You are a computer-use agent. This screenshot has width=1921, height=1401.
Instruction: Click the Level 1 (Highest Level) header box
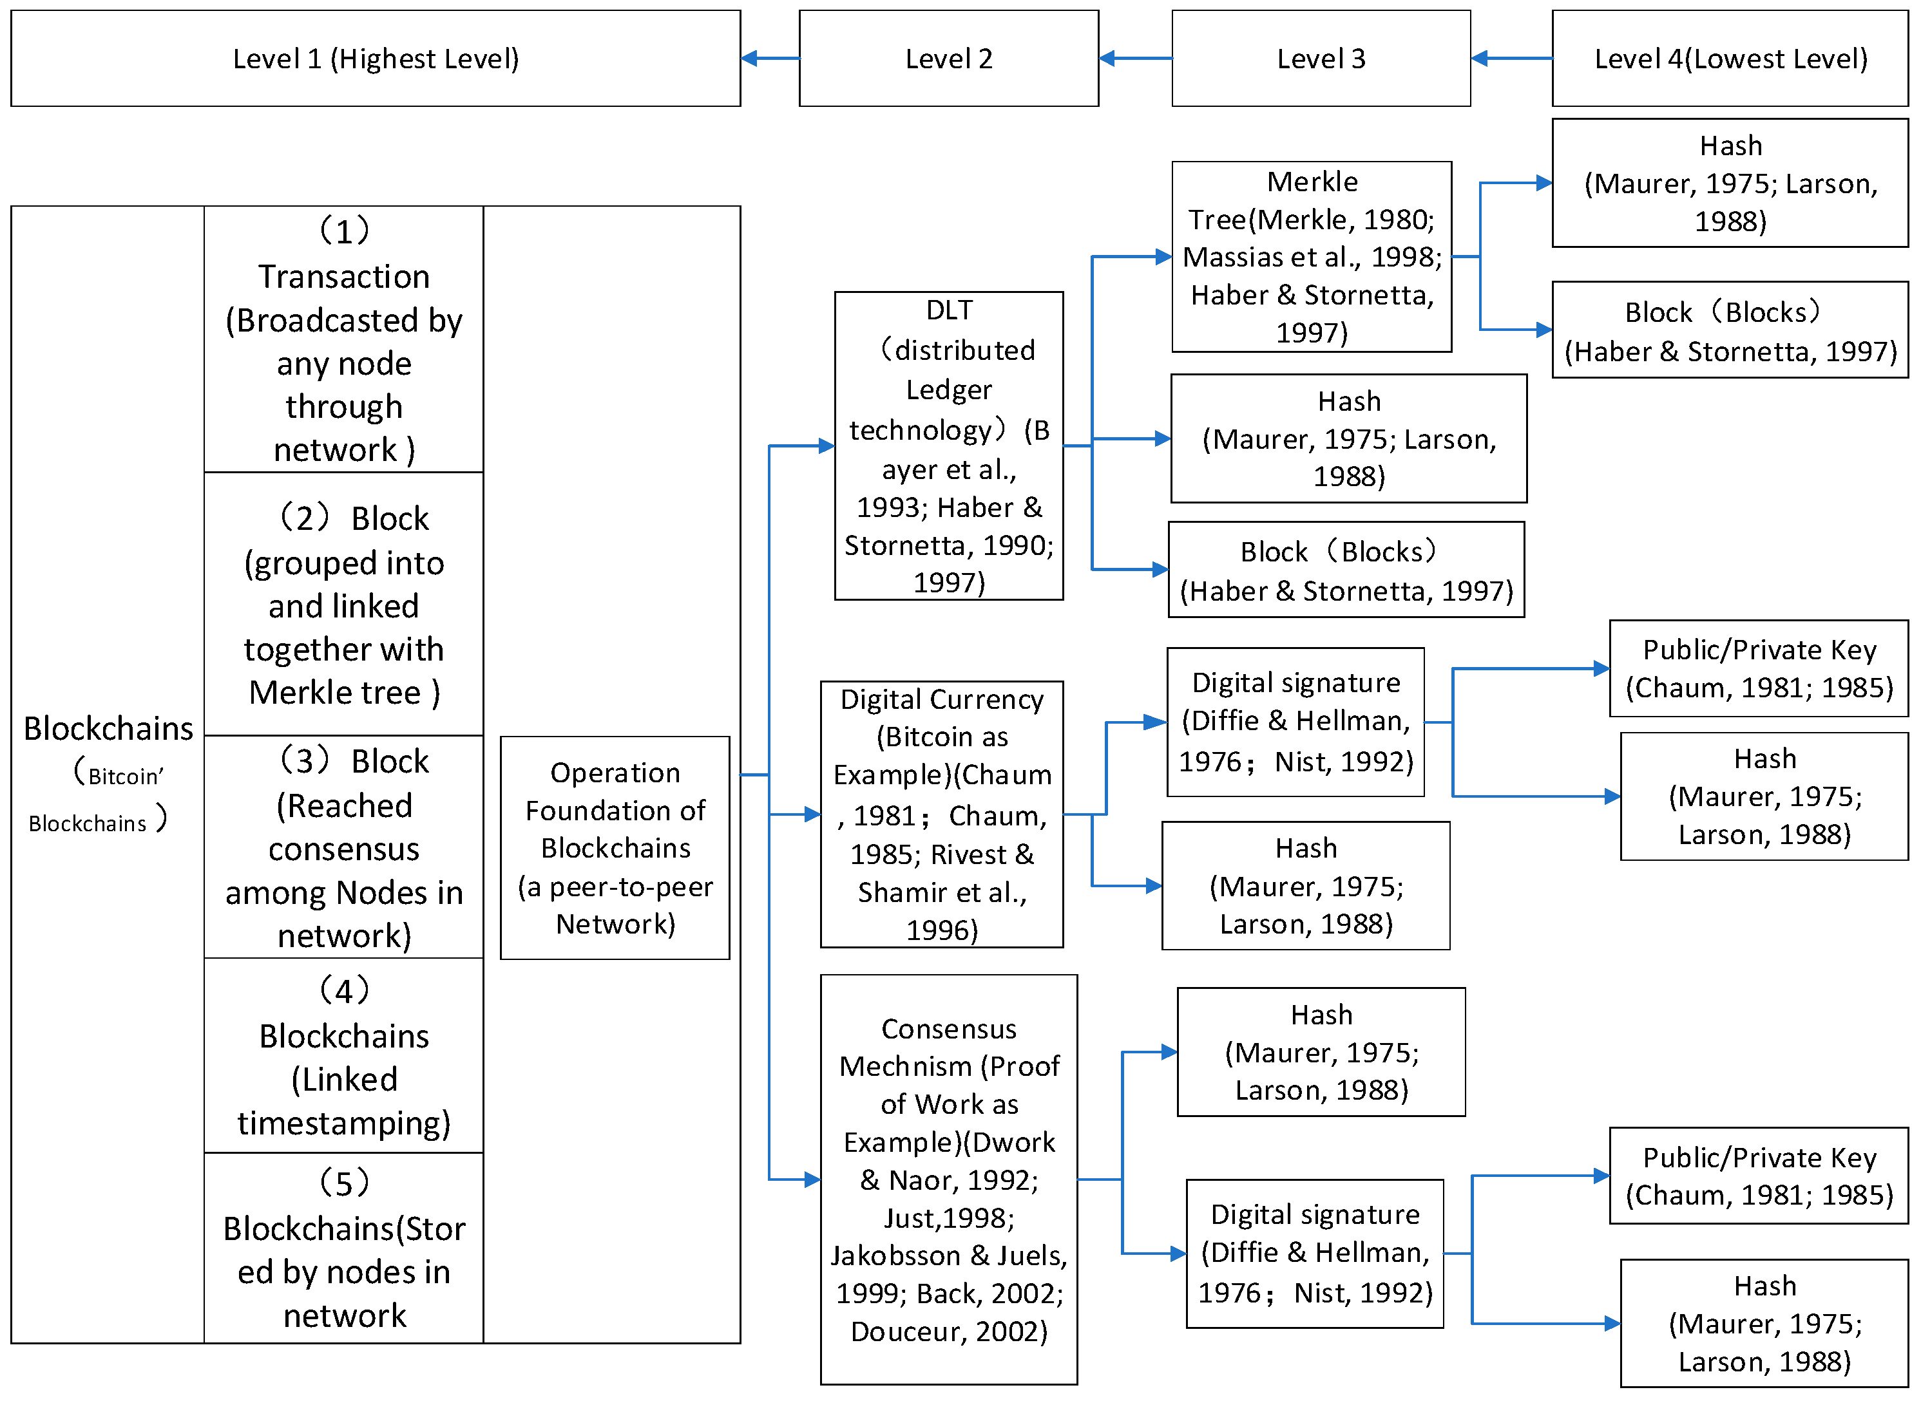[375, 59]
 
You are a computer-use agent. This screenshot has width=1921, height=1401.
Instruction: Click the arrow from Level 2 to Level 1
[770, 59]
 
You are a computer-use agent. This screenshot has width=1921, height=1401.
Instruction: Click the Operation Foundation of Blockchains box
[615, 847]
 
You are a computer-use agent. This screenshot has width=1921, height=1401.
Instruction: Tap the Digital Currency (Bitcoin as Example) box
[941, 814]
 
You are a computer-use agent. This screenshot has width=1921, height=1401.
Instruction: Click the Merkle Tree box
[1311, 256]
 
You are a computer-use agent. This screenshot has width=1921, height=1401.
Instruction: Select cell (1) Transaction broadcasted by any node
[343, 339]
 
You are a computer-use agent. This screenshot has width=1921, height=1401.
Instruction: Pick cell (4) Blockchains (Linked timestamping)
[343, 1056]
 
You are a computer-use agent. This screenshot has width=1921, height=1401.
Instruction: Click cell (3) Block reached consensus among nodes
[343, 847]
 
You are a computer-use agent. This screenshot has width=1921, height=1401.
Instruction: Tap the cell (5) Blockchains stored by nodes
[343, 1248]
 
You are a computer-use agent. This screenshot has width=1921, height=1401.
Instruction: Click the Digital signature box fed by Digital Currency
[1295, 722]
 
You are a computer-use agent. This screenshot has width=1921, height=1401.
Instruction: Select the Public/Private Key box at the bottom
[1758, 1176]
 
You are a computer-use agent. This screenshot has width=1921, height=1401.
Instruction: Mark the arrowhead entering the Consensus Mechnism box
[812, 1180]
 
